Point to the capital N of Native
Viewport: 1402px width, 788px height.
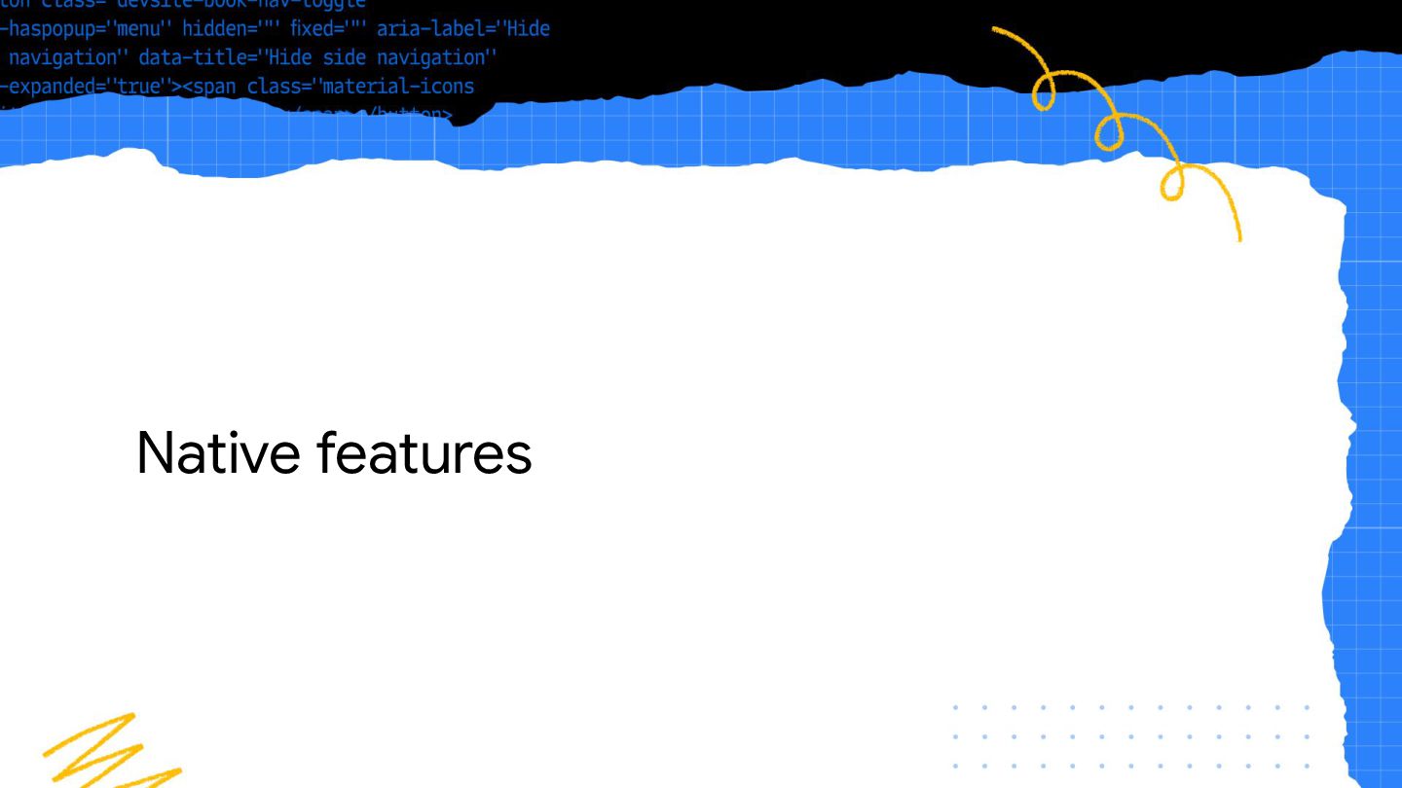157,453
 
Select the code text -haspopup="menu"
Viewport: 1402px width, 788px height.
86,28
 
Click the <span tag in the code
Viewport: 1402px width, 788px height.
208,87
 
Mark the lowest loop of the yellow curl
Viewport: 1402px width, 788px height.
1173,185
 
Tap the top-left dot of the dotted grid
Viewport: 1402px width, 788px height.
956,707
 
